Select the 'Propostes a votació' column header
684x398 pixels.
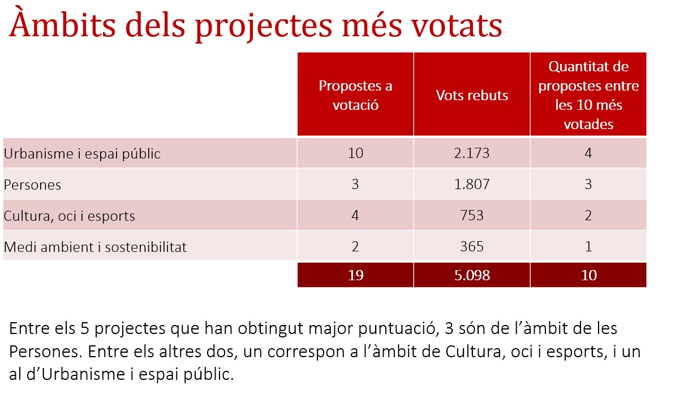tap(355, 95)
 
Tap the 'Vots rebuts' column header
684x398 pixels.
tap(472, 95)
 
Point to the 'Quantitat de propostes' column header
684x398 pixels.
tap(588, 95)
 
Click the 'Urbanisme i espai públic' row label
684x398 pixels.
tap(82, 153)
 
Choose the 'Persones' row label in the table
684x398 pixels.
tap(32, 185)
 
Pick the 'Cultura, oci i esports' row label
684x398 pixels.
tap(69, 216)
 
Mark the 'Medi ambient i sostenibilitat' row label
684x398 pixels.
tap(95, 247)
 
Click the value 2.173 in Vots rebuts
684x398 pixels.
tap(472, 153)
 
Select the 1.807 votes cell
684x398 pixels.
tap(472, 184)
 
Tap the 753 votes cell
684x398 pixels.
tap(472, 215)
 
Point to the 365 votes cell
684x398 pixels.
tap(472, 246)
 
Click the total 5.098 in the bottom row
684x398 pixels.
tap(472, 275)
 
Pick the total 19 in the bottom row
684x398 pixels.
tap(355, 275)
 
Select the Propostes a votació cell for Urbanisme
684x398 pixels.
tap(355, 153)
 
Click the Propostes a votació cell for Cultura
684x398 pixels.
tap(355, 215)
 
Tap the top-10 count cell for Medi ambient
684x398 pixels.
tap(588, 246)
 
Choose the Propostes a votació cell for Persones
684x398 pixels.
tap(355, 184)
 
